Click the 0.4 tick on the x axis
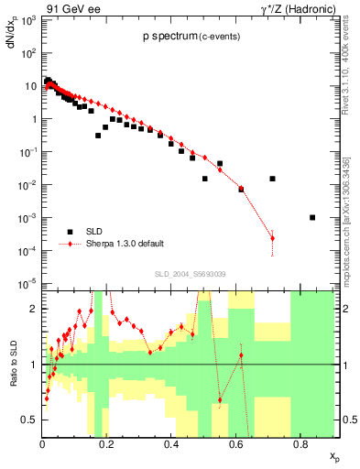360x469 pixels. point(171,445)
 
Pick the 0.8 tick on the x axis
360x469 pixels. point(300,445)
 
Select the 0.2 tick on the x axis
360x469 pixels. point(106,445)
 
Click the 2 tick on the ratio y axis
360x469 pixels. point(34,309)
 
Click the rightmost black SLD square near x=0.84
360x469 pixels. point(312,218)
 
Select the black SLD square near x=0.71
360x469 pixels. point(272,179)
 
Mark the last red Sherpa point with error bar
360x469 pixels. point(272,238)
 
